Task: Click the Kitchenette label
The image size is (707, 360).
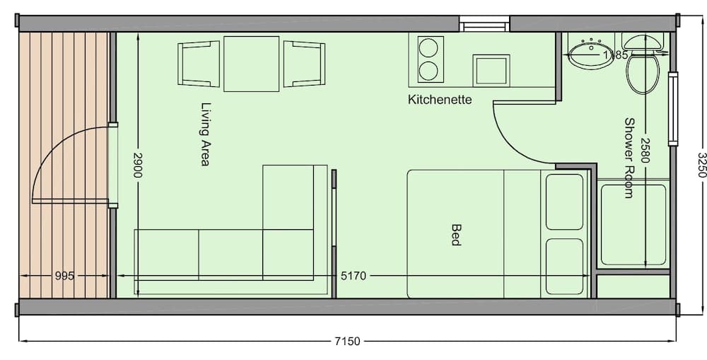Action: tap(440, 100)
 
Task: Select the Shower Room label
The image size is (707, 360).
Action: tap(629, 157)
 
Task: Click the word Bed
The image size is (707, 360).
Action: tap(456, 235)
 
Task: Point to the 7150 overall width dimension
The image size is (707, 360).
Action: tap(346, 342)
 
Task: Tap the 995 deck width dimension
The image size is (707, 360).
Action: tap(64, 276)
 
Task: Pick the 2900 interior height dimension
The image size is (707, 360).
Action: tap(139, 168)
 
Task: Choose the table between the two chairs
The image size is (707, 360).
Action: tap(251, 64)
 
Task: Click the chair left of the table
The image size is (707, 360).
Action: tap(199, 64)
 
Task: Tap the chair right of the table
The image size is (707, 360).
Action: tap(303, 64)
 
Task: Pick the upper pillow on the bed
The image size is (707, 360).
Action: tap(565, 202)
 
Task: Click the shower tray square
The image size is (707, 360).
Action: tap(632, 225)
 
